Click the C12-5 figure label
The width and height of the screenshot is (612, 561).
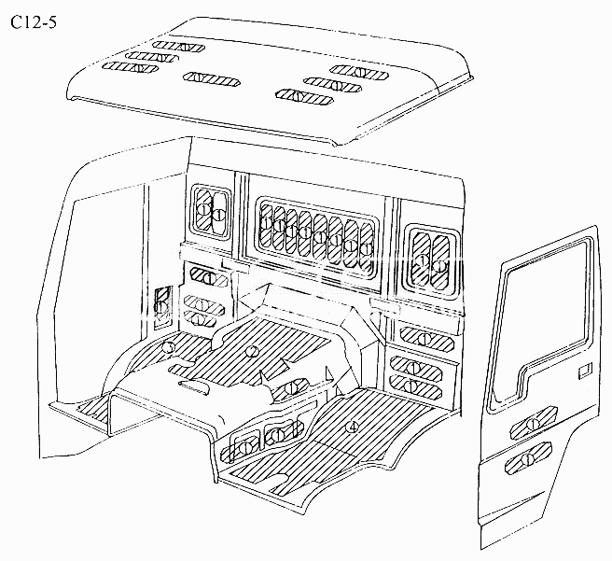tap(34, 22)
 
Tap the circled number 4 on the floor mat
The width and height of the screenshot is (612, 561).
tap(352, 427)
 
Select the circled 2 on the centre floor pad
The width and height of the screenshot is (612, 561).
tap(252, 351)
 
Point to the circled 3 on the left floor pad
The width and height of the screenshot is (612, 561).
tap(168, 346)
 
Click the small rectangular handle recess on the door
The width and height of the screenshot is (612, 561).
tap(585, 370)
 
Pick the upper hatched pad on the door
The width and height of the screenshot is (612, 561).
tap(533, 423)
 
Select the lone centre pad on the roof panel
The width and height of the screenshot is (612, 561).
tap(212, 79)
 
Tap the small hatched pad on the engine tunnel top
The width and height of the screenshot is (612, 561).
tap(290, 388)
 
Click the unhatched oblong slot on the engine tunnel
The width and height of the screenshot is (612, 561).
tap(194, 386)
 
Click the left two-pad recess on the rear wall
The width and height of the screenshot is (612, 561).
tap(211, 213)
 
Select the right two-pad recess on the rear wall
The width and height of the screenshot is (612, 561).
tap(430, 259)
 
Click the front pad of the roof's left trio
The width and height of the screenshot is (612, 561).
tap(130, 68)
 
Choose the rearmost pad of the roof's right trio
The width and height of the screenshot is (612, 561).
tap(359, 72)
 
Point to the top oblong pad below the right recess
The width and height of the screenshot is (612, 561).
tap(426, 338)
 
